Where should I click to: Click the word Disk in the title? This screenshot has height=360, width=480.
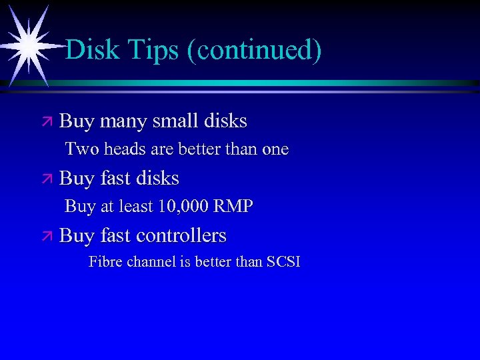click(x=91, y=50)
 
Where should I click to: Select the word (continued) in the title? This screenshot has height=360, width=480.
click(x=254, y=51)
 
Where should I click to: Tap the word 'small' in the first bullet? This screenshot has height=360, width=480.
click(x=175, y=121)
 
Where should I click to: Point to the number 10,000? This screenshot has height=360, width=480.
click(x=183, y=207)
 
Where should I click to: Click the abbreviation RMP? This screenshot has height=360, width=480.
click(x=233, y=207)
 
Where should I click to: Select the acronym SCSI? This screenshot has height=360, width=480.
click(x=283, y=261)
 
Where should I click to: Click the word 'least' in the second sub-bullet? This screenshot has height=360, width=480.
click(x=135, y=207)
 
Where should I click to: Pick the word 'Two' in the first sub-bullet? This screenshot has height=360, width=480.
click(x=79, y=149)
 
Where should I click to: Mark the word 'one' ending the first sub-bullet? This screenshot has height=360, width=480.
click(x=275, y=150)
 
